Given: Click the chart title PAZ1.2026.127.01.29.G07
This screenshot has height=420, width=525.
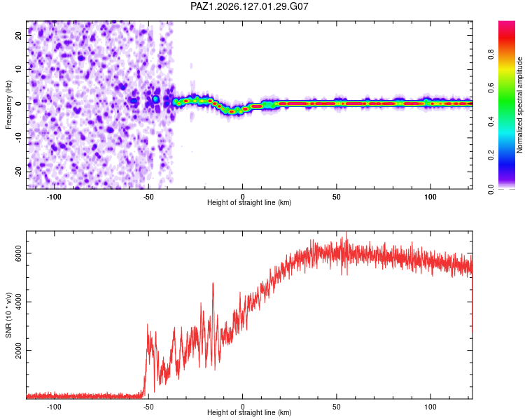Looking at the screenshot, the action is click(x=249, y=6).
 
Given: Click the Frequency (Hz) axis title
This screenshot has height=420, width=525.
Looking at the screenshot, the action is click(x=8, y=104).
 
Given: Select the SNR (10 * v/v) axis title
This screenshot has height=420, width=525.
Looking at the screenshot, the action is click(x=8, y=315).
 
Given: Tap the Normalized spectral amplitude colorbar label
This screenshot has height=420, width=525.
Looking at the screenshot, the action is click(x=519, y=105).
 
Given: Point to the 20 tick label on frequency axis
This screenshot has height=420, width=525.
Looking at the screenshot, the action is click(x=18, y=36).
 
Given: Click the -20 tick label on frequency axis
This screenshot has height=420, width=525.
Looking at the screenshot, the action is click(x=18, y=171).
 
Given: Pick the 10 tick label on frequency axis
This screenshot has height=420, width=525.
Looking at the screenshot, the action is click(x=18, y=69).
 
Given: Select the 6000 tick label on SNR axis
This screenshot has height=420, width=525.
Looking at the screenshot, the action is click(x=18, y=253).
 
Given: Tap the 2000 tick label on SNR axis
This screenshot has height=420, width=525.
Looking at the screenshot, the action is click(x=18, y=350).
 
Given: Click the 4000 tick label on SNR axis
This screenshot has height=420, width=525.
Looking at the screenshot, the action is click(x=18, y=302).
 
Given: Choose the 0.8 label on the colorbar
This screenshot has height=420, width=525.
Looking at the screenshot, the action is click(x=491, y=55).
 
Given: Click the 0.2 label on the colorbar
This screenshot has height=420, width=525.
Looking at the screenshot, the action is click(x=491, y=155).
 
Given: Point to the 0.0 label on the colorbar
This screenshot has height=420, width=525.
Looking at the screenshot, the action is click(x=491, y=189).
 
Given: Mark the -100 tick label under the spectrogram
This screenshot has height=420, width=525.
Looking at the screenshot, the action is click(x=54, y=197).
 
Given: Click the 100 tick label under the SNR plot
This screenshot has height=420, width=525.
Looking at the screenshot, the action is click(x=430, y=407).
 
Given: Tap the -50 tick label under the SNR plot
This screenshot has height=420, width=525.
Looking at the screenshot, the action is click(x=148, y=407).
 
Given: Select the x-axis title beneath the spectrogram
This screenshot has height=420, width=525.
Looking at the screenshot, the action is click(x=249, y=202).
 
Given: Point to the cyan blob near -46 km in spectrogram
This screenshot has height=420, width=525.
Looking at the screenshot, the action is click(x=155, y=99).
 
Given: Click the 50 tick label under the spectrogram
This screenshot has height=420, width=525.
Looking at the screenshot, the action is click(x=336, y=197).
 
